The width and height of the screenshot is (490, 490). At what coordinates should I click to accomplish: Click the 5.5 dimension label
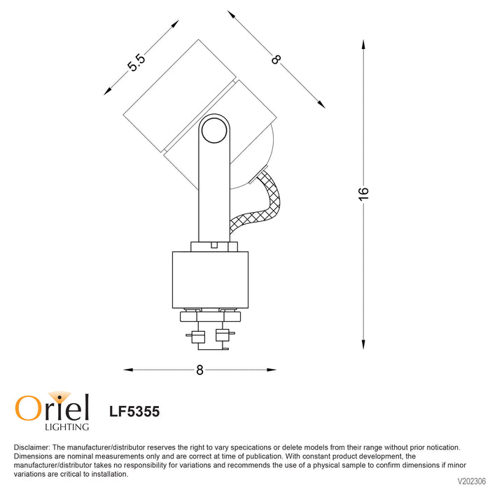pyautogui.click(x=136, y=62)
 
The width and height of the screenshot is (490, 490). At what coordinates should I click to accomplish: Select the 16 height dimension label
pyautogui.click(x=363, y=194)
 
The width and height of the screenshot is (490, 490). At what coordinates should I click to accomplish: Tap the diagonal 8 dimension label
pyautogui.click(x=276, y=59)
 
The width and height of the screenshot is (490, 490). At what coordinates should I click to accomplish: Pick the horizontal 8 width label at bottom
pyautogui.click(x=200, y=370)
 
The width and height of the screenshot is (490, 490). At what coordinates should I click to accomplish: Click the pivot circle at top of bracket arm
pyautogui.click(x=214, y=131)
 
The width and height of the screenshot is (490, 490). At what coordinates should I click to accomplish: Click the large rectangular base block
pyautogui.click(x=210, y=280)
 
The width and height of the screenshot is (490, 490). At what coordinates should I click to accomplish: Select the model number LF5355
pyautogui.click(x=134, y=412)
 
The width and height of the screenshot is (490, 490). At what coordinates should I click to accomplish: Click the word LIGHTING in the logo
pyautogui.click(x=67, y=426)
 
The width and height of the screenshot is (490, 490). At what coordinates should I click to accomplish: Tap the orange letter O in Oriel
pyautogui.click(x=28, y=408)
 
